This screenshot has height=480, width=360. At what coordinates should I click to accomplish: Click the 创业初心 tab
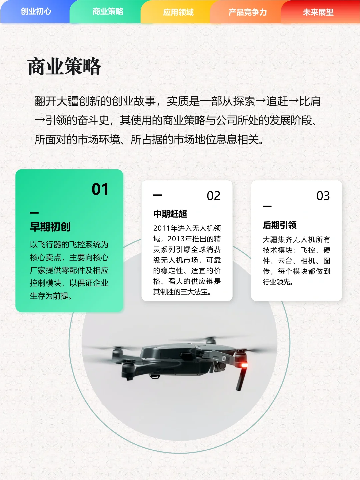[36, 11]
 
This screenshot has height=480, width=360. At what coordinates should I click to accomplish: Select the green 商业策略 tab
[108, 12]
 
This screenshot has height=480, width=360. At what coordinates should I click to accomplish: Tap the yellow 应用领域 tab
[178, 12]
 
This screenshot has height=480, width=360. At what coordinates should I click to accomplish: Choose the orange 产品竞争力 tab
[248, 12]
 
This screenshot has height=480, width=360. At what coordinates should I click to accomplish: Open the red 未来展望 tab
[318, 12]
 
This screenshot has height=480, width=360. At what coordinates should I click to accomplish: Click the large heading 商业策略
[64, 66]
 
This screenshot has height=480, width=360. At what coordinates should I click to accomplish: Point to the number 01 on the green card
[100, 189]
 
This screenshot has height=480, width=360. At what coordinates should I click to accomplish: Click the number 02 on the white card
[213, 196]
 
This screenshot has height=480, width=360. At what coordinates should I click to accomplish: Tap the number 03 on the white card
[323, 196]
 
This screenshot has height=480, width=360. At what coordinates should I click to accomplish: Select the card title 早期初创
[50, 227]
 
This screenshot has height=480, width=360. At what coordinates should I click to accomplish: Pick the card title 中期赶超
[170, 214]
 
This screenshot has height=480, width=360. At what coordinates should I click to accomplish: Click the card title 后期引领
[280, 225]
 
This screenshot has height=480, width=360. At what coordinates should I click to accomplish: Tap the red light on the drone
[244, 365]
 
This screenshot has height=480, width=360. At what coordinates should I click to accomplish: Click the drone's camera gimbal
[219, 367]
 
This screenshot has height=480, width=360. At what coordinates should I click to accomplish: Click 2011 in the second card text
[162, 228]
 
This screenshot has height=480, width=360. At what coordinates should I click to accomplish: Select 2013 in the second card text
[176, 239]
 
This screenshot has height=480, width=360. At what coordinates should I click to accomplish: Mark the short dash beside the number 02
[157, 195]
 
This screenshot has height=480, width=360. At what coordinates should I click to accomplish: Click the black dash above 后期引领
[267, 207]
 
